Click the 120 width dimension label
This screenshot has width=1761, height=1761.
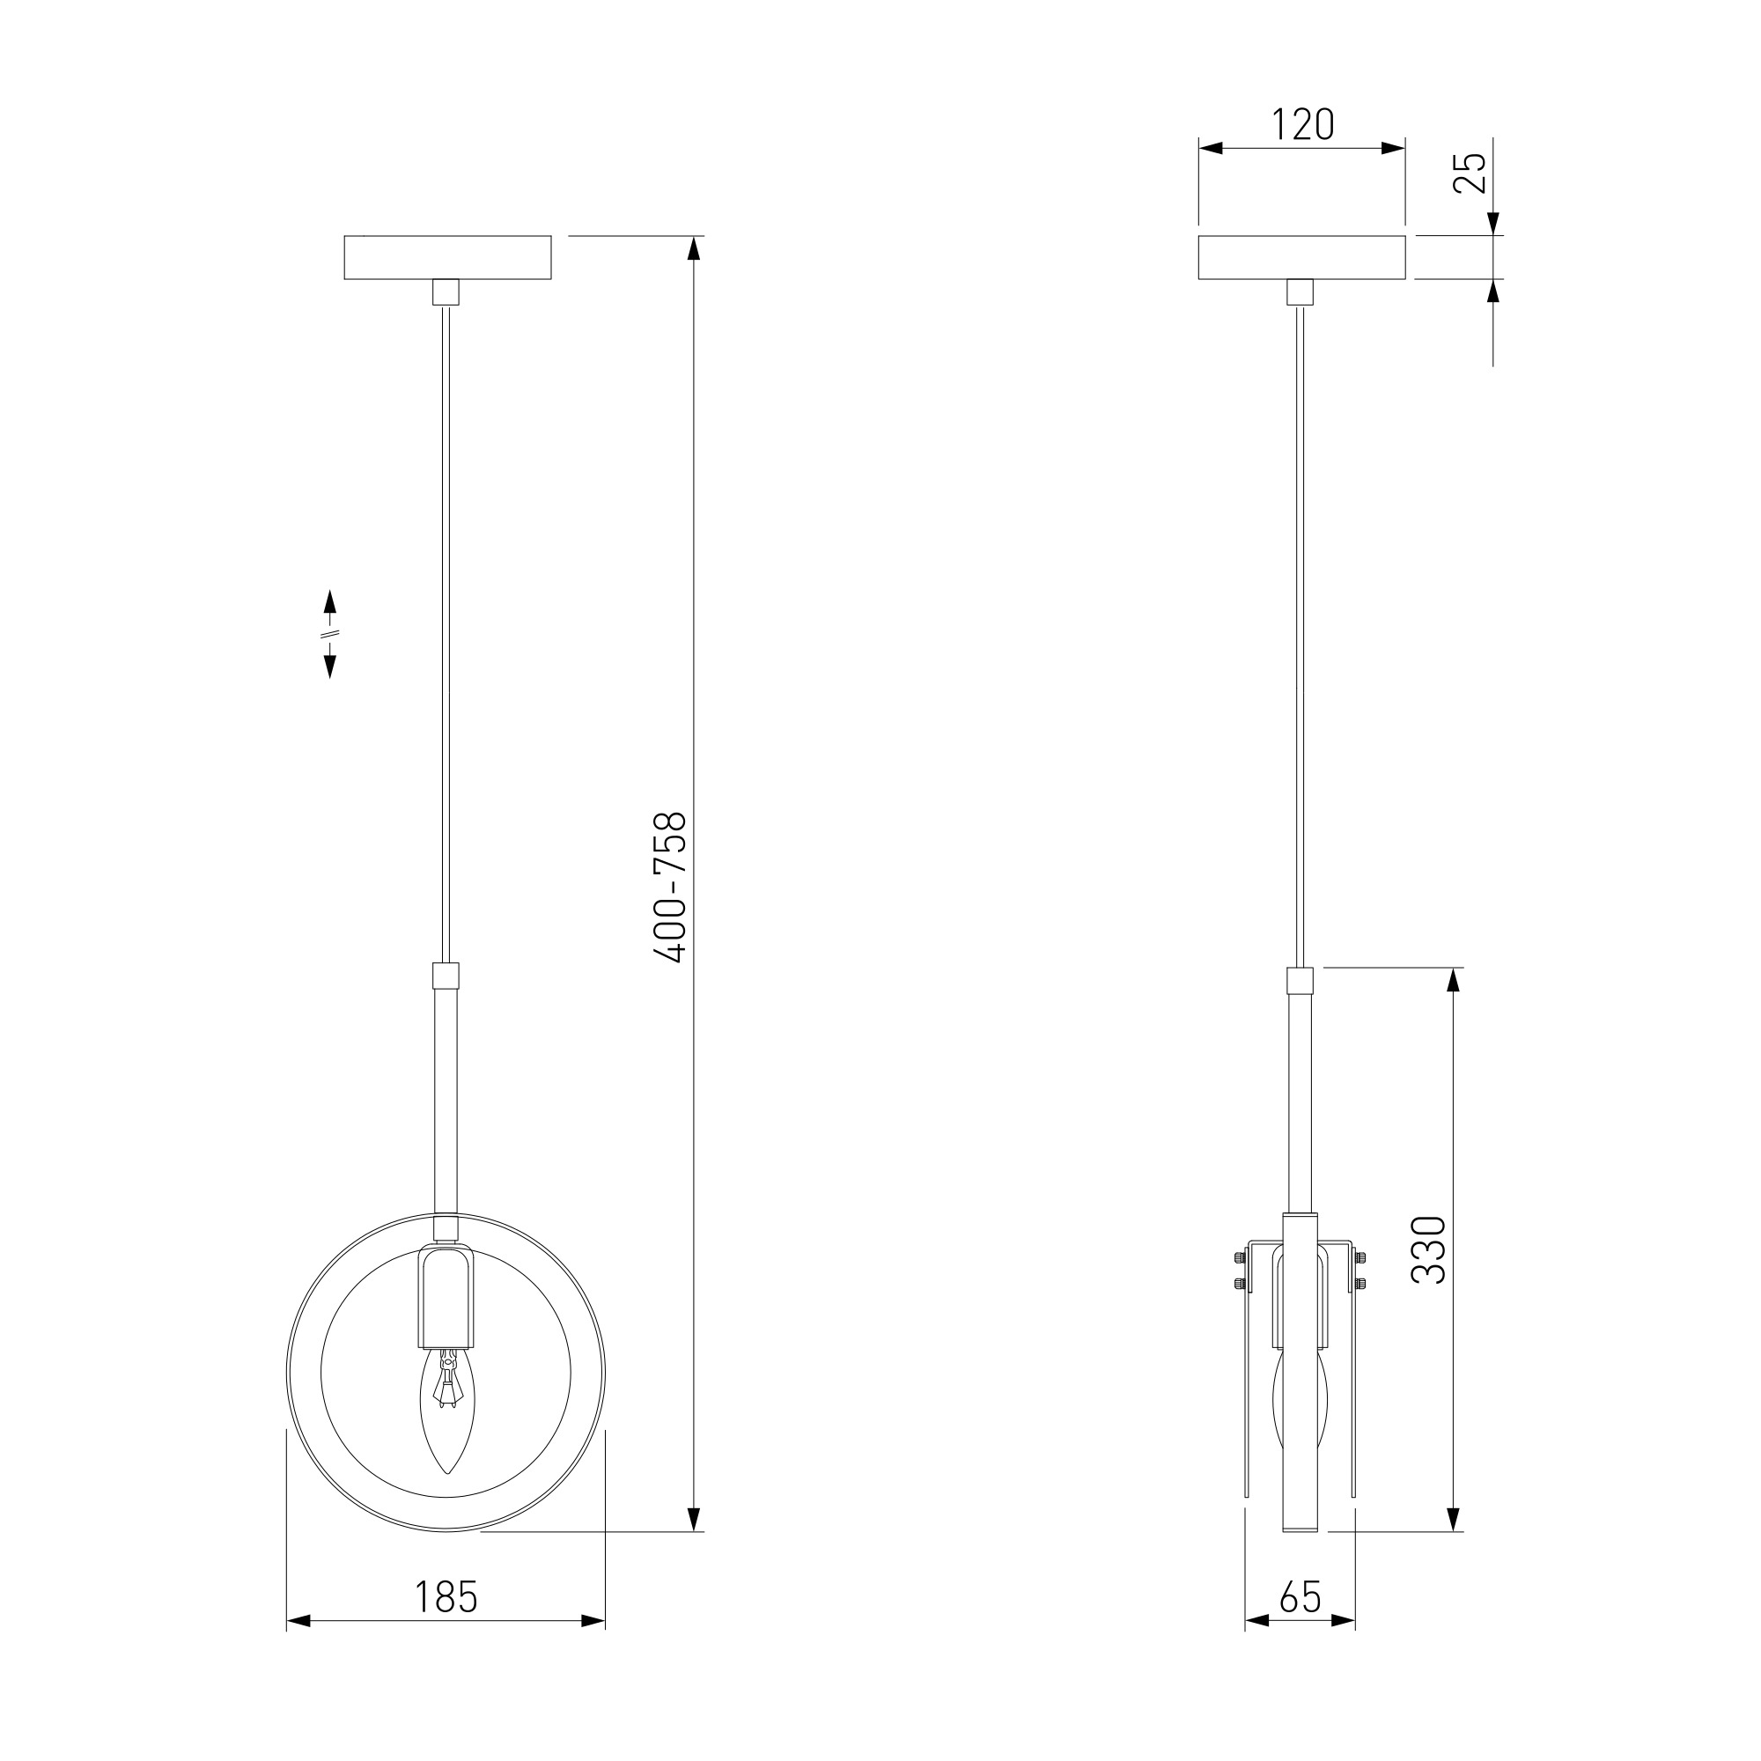[1302, 125]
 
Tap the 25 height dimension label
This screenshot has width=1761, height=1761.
[1470, 173]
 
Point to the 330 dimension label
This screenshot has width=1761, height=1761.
[1428, 1249]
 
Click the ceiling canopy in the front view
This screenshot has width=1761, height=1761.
[447, 257]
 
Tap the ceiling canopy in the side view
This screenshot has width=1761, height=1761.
[1301, 257]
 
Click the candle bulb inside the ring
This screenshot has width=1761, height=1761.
[446, 1411]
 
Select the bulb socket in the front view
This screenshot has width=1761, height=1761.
[446, 1297]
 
